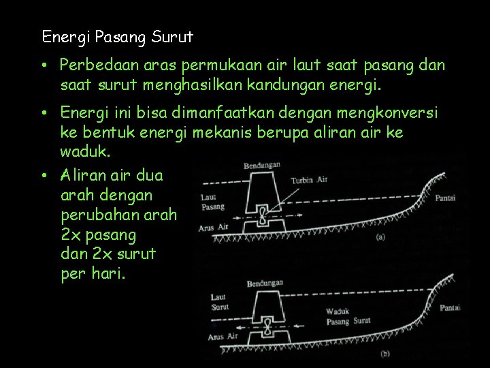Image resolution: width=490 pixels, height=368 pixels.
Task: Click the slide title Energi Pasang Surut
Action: [117, 36]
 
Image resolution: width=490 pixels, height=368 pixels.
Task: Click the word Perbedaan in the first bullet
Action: [91, 65]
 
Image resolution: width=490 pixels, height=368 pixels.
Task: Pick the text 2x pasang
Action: [98, 235]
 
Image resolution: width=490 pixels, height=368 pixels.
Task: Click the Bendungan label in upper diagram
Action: [263, 165]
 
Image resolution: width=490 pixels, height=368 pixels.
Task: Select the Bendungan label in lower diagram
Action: [265, 282]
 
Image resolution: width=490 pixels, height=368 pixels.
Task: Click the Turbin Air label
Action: [310, 180]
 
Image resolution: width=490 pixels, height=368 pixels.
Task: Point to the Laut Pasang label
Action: [213, 202]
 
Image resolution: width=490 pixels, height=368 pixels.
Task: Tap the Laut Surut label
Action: [219, 302]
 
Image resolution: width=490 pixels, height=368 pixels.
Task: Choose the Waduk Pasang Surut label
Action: [347, 315]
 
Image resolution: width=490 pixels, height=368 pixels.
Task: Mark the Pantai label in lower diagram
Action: [450, 308]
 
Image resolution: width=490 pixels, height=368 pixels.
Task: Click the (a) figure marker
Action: [380, 237]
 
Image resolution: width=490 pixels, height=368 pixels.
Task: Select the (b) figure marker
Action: [385, 354]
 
